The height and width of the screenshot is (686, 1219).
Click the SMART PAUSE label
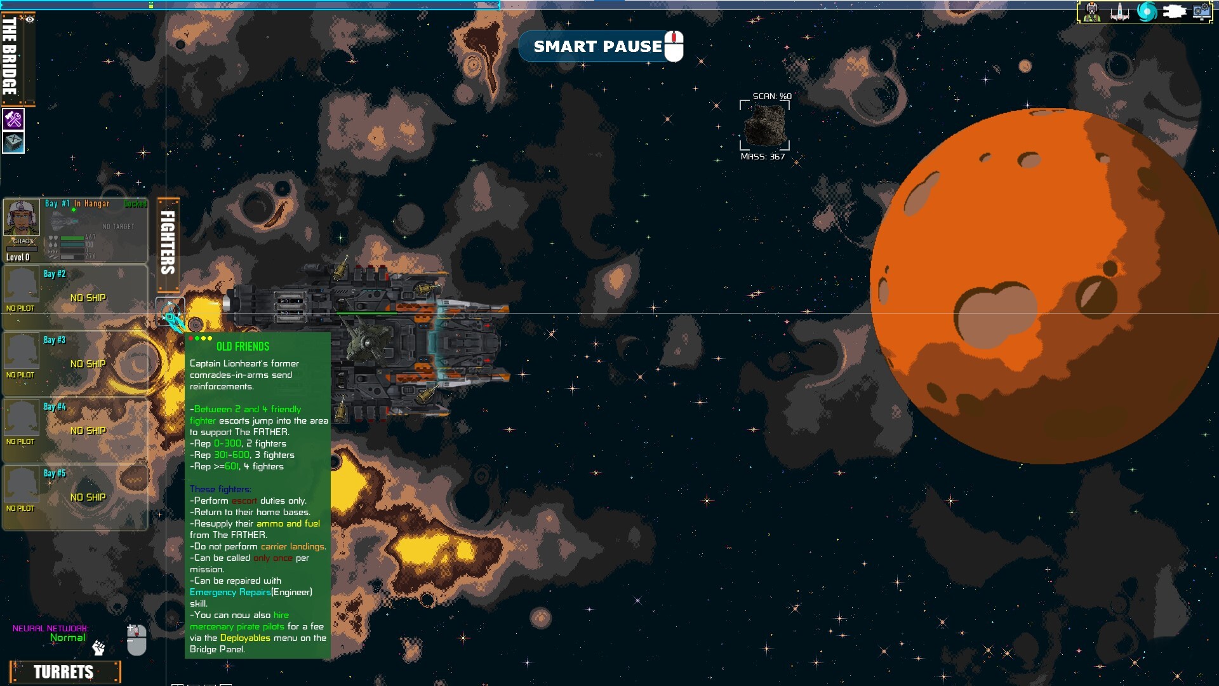click(597, 46)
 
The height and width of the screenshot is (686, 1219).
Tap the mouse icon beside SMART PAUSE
click(674, 46)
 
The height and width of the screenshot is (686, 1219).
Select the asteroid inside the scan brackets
click(765, 125)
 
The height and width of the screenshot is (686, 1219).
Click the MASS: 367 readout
click(763, 156)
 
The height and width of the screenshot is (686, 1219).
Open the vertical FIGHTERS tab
click(168, 243)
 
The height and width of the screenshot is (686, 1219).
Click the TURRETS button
click(64, 672)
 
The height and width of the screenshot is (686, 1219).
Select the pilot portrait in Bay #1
click(22, 218)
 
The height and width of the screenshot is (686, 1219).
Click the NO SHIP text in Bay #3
click(88, 364)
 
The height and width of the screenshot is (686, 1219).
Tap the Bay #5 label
click(55, 473)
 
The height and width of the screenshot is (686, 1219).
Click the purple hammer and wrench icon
click(13, 119)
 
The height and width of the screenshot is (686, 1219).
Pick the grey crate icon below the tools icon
click(13, 142)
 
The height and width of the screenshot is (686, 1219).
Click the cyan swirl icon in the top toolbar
click(1147, 11)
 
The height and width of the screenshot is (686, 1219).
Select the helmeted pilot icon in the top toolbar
click(1092, 11)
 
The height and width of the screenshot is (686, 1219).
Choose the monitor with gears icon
click(1201, 11)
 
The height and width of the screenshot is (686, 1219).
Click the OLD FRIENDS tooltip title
click(243, 346)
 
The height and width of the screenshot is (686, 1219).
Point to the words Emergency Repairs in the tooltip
click(230, 592)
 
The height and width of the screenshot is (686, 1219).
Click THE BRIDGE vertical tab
click(10, 56)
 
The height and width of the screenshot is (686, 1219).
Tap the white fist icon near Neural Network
click(98, 648)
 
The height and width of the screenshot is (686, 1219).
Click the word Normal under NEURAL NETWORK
click(67, 638)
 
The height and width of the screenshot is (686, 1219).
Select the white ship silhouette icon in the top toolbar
click(1119, 11)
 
